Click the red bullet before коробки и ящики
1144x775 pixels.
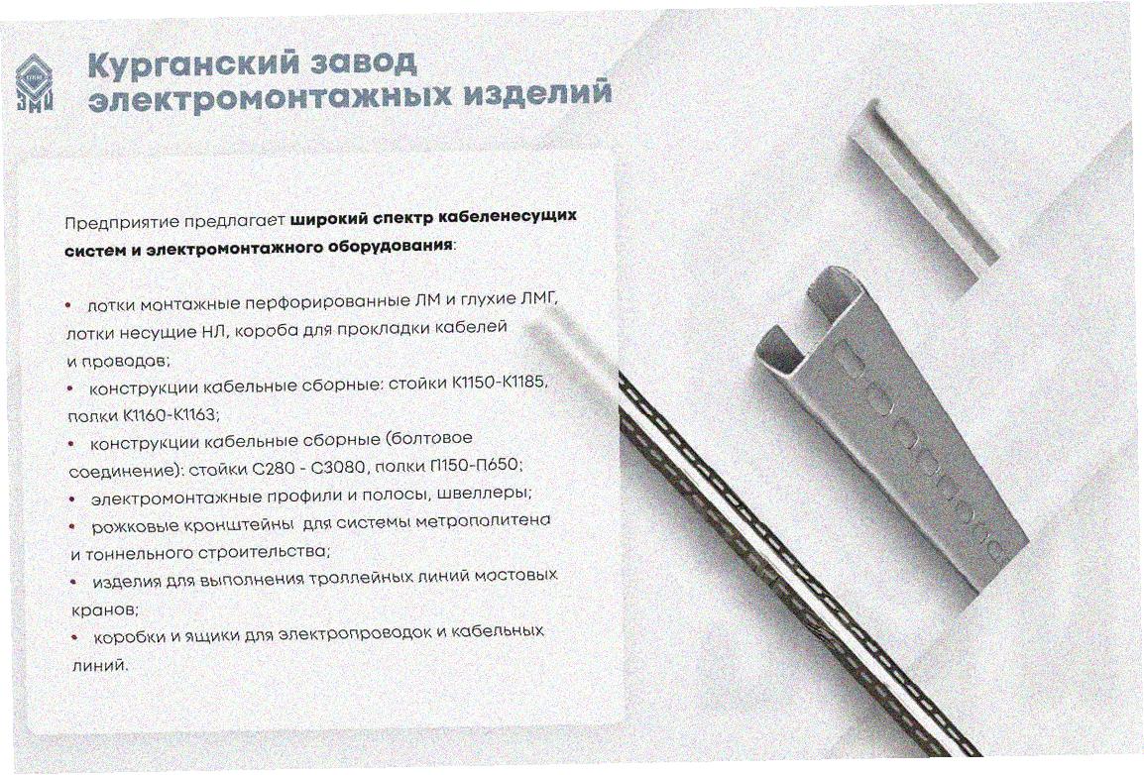[75, 637]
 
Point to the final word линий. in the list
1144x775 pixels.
[100, 665]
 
